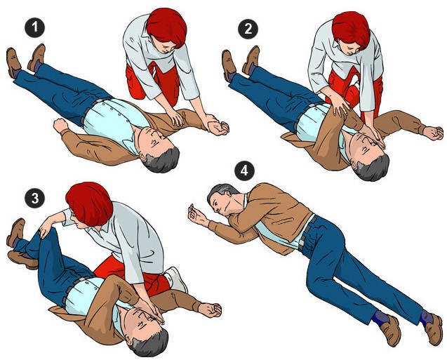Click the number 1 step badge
(34, 27)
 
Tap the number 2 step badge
(248, 29)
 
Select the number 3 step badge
(34, 198)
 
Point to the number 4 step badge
(244, 171)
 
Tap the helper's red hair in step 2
(351, 29)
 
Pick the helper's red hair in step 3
(89, 203)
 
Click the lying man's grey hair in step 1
(162, 161)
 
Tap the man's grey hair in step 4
(221, 190)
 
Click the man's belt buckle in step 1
(100, 100)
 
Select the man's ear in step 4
(227, 194)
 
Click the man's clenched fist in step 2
(433, 133)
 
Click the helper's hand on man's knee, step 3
(45, 227)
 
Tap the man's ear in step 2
(355, 166)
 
